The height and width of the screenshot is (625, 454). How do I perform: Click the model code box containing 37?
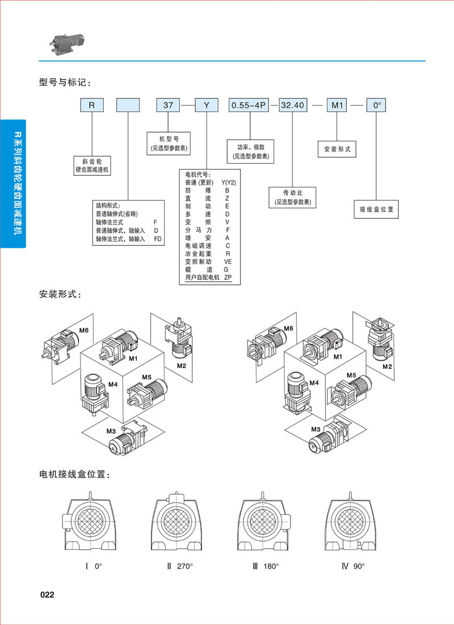pos(169,105)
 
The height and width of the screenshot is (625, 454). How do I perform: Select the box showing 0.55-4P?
pos(249,105)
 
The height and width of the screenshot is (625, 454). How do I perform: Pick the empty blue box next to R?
pos(128,105)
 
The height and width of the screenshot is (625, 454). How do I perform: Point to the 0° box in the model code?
pos(376,105)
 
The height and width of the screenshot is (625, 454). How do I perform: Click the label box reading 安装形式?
pos(337,149)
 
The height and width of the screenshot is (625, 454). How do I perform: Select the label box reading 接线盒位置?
pos(376,209)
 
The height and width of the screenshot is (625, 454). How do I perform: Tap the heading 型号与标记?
pos(64,83)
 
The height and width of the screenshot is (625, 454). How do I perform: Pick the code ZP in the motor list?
pos(228,277)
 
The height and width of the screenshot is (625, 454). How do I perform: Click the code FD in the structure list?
pos(158,239)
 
